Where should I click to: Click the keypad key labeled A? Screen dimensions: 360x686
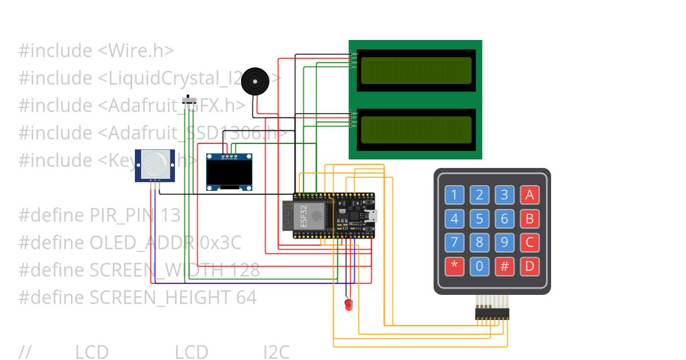pos(529,195)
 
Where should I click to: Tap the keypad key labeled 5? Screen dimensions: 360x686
pos(479,218)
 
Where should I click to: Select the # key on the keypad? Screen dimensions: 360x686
pos(504,266)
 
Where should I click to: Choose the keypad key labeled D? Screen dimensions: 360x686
pos(529,266)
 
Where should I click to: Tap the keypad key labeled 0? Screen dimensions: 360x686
pos(479,266)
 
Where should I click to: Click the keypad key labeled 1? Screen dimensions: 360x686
pos(454,195)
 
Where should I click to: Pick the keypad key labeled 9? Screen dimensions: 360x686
pos(504,242)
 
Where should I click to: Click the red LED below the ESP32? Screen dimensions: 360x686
pos(348,305)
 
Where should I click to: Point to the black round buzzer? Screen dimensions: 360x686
pos(255,82)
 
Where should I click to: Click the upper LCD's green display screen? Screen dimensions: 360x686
pos(416,69)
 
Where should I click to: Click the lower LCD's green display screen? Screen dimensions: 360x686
pos(416,129)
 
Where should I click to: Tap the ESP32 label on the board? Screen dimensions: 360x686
pos(303,215)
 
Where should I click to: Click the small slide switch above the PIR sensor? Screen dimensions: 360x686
pos(188,101)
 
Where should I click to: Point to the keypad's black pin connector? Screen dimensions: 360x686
pos(492,314)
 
